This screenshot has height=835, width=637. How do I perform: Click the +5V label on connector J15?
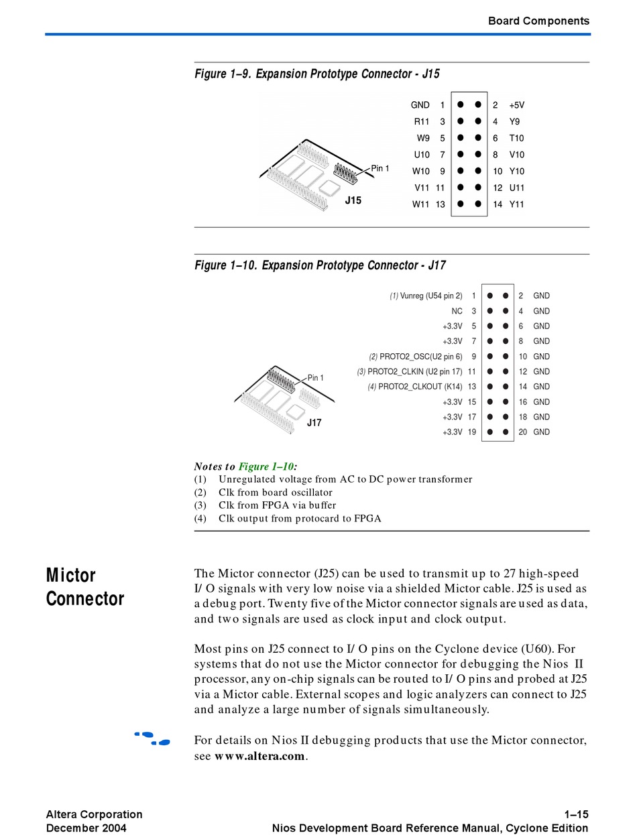(516, 105)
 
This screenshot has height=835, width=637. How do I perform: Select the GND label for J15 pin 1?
(420, 105)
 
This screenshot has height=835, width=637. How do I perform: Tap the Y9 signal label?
(514, 122)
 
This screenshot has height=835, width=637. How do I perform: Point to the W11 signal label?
(420, 204)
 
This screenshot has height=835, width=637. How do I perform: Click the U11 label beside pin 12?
(516, 188)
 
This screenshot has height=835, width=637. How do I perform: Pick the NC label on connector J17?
(457, 311)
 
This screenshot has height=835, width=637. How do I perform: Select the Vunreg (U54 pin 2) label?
(431, 296)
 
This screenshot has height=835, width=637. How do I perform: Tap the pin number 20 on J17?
(523, 432)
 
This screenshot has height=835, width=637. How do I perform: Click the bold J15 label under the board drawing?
(353, 200)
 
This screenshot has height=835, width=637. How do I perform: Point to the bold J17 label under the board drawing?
(314, 423)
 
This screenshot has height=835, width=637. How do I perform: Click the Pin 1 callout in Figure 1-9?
(380, 168)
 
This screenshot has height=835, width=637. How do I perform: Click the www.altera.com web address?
(260, 757)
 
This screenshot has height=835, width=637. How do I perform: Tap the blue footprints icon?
(152, 738)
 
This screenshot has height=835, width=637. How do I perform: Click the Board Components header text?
(538, 21)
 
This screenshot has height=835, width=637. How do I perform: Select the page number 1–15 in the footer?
(576, 814)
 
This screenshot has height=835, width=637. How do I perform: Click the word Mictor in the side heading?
(71, 576)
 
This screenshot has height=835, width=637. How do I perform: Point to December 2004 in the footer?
(86, 828)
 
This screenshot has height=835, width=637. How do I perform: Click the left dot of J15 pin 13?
(461, 204)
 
